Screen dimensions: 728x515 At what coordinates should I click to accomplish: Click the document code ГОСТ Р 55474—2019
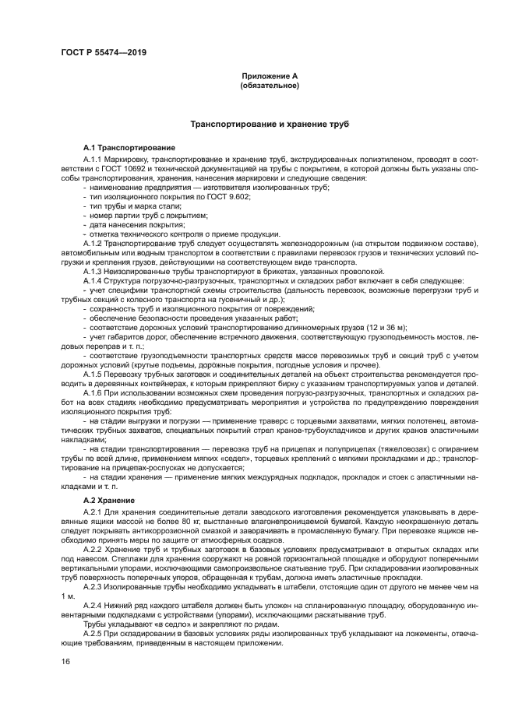tap(103, 53)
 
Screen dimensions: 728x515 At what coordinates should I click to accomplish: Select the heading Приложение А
tap(270, 76)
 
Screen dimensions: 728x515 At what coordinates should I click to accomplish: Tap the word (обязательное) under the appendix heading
tap(270, 86)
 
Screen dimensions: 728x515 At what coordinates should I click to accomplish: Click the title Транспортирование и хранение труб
tap(270, 124)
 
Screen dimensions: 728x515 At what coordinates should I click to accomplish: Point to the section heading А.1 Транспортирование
tap(129, 147)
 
